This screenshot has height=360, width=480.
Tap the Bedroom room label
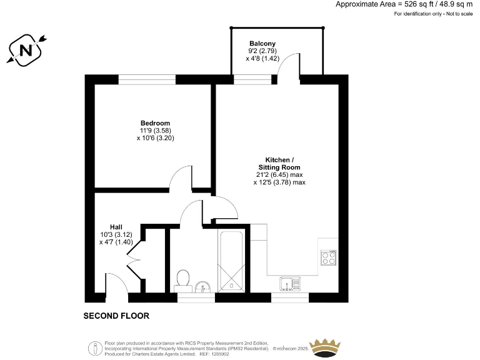155,123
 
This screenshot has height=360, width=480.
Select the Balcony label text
262,43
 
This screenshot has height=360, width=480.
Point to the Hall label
116,226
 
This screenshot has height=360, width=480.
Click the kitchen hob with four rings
329,257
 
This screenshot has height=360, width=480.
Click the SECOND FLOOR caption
116,316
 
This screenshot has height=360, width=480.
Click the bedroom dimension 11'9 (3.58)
155,131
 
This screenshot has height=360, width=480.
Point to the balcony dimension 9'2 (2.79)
262,51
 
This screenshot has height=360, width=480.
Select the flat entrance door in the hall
116,282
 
